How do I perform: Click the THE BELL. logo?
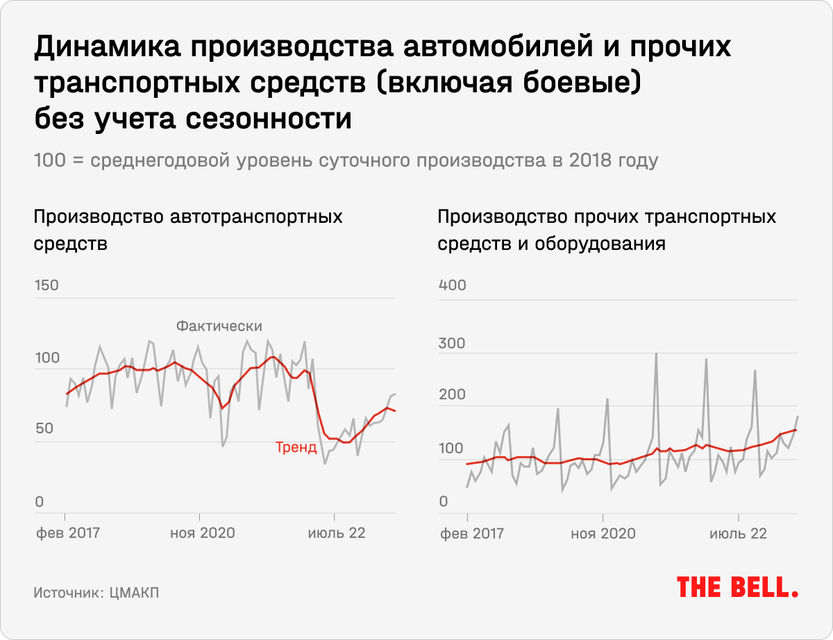point(737,587)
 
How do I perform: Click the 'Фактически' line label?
point(219,326)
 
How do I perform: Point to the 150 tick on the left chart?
point(47,286)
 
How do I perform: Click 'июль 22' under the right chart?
point(738,533)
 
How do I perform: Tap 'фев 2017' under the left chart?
point(67,533)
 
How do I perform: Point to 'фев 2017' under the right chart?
point(469,533)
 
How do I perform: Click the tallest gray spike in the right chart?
point(656,355)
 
